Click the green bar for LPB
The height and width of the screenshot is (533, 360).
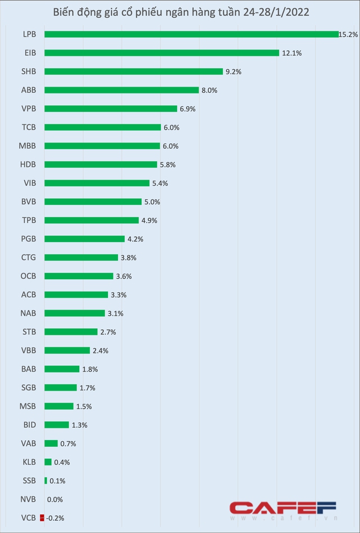click(x=191, y=34)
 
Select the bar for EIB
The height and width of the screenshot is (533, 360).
click(x=161, y=53)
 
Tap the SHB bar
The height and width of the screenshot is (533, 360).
click(x=133, y=71)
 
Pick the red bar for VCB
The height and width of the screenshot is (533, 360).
click(x=42, y=518)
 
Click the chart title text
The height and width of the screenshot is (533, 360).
click(x=179, y=12)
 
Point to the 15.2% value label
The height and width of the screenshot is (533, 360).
click(x=348, y=34)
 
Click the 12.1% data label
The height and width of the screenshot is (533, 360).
click(x=292, y=53)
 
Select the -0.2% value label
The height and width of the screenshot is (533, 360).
click(x=56, y=518)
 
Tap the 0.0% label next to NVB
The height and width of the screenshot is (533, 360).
click(x=55, y=499)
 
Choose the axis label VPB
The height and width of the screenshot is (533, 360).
click(x=28, y=109)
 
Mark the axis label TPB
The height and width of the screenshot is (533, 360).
click(x=28, y=220)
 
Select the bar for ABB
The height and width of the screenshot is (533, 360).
click(x=121, y=90)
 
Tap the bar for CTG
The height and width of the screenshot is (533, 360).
click(x=81, y=257)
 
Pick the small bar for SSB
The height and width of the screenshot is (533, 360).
click(x=46, y=480)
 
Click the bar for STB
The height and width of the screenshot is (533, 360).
click(x=71, y=332)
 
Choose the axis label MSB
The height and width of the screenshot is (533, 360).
click(x=28, y=406)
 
